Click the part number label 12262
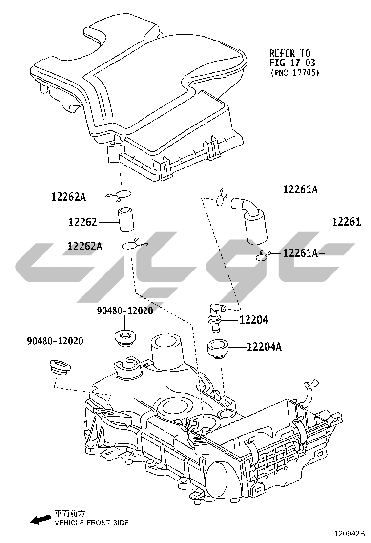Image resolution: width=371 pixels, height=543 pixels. pos(82,222)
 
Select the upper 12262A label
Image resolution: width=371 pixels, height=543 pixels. pos(68,197)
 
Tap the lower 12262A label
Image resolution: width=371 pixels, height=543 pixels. pos(85,246)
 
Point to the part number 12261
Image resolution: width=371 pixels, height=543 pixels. pos(347,222)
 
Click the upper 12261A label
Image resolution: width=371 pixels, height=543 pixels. pos(300,189)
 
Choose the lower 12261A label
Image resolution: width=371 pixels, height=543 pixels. pos(300,253)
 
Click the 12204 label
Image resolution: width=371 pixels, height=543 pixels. pos(254,320)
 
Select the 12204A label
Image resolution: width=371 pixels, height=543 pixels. pos(264,346)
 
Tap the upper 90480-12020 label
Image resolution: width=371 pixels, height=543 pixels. pos(124,311)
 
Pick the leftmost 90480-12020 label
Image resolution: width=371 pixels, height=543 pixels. pos(55,341)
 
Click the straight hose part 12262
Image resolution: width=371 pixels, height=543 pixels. pos(126,220)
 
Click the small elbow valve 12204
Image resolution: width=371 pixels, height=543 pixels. pos(215,316)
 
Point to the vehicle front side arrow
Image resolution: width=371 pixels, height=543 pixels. pos(40,519)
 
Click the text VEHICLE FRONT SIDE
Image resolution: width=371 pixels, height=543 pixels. pos(91,522)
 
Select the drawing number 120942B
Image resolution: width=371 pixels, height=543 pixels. pos(350,533)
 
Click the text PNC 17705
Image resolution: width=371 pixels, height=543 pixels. pos(294,73)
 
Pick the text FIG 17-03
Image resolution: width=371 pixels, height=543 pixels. pos(292,63)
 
